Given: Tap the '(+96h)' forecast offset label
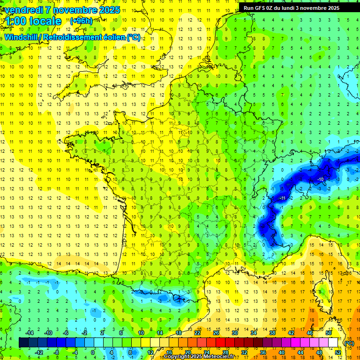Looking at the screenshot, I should (x=81, y=21).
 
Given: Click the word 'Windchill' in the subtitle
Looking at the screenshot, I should (x=21, y=37).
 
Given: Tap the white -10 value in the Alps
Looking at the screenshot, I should (x=321, y=180).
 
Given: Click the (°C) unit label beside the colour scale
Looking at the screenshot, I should (x=349, y=343).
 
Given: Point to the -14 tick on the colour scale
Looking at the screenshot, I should (x=29, y=333).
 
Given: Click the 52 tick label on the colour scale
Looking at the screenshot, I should (x=338, y=352).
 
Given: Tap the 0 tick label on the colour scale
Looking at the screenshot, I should (x=92, y=352).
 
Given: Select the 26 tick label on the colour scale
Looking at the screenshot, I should (x=216, y=333).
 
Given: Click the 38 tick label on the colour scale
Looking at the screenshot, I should (x=272, y=333).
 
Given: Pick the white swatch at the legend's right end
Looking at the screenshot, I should (x=333, y=343).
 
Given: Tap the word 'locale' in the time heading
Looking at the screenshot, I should (x=45, y=21).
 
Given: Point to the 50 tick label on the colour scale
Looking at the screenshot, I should (x=328, y=333).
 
